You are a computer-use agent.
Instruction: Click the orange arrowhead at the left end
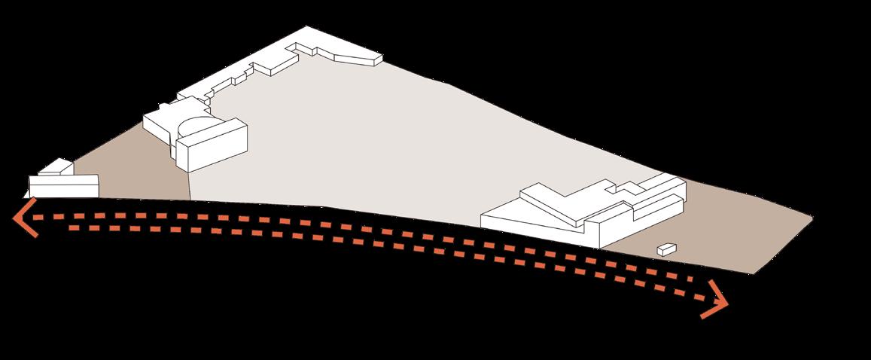(23, 218)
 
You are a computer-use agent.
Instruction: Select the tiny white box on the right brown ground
(666, 249)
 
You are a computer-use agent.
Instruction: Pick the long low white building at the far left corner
(64, 186)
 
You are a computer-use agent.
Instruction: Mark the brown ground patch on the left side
(136, 169)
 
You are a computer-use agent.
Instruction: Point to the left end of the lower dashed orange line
(72, 227)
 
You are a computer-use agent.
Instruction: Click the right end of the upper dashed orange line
(708, 286)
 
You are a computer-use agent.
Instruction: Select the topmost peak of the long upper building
(307, 29)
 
